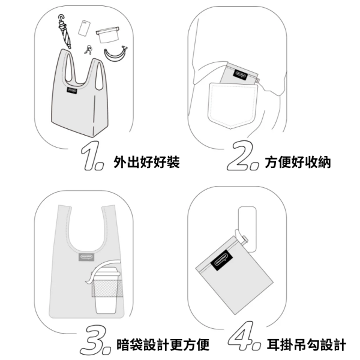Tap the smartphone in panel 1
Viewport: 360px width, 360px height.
85,27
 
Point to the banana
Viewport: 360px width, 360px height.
115,54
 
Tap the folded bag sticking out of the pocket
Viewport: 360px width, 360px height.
240,75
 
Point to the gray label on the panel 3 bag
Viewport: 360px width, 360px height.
85,258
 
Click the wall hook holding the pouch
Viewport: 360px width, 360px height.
246,225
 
